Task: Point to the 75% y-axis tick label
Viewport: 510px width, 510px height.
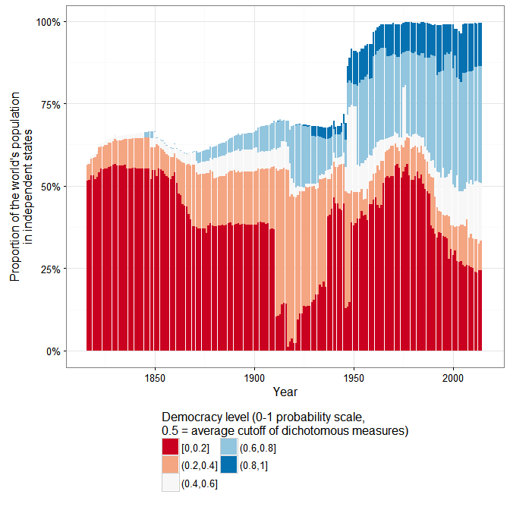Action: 50,104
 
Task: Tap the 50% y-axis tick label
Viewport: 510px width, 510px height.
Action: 50,186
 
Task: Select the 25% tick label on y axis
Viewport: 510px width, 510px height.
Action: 50,269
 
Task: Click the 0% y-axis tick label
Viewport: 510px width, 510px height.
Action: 53,351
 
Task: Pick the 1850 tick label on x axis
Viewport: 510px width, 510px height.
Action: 154,377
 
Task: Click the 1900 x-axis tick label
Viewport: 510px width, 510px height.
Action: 253,377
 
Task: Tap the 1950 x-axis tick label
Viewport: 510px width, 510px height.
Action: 353,377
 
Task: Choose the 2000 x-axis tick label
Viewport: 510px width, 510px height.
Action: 453,377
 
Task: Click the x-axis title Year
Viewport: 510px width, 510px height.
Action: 285,392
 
